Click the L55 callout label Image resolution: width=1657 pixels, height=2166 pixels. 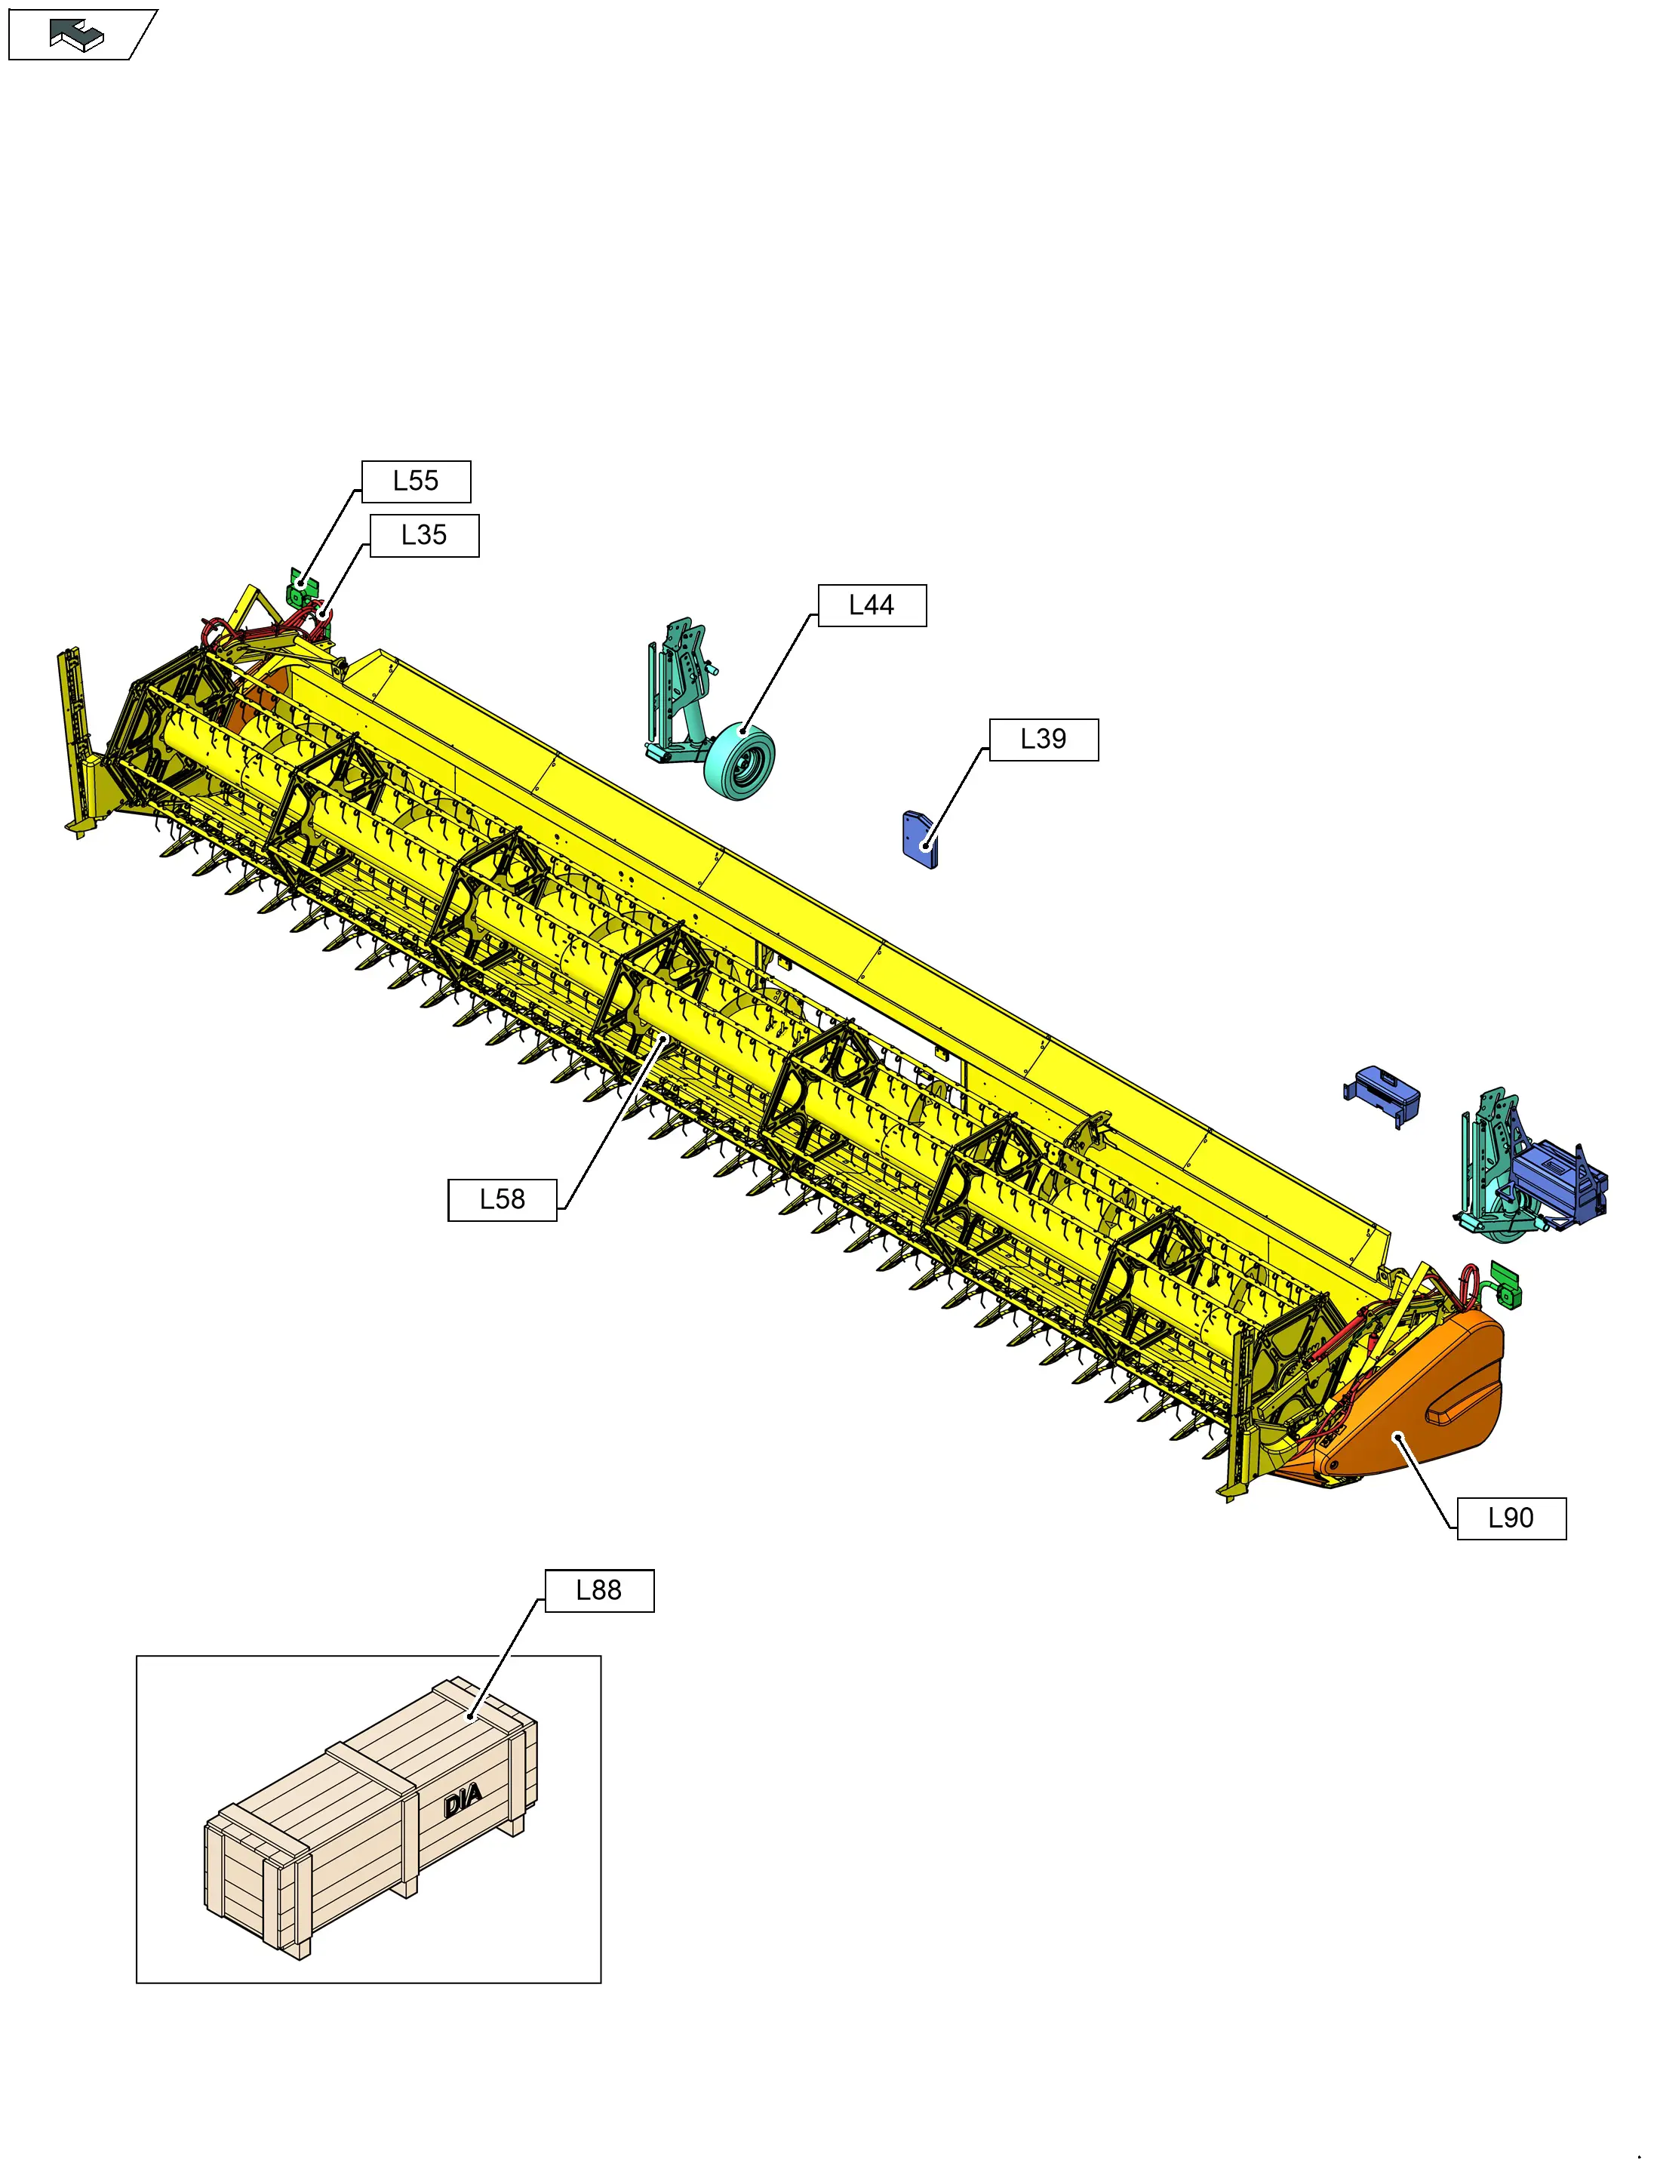coord(415,482)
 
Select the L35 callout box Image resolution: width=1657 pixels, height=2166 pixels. coord(424,536)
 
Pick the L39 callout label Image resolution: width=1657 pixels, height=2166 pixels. coord(1043,739)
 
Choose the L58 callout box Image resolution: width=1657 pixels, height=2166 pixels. coord(502,1199)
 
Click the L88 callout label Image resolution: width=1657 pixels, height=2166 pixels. coord(598,1590)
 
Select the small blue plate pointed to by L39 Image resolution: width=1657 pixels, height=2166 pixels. coord(919,838)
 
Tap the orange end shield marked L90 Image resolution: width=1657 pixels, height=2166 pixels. coord(1420,1420)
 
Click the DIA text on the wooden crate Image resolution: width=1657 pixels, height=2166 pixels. coord(463,1800)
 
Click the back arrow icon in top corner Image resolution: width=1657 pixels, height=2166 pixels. coord(77,35)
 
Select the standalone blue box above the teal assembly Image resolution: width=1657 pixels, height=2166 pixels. coord(1383,1093)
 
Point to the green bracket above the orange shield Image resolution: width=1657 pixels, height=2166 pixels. coord(1505,1285)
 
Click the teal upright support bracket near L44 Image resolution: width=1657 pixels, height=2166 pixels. coord(681,681)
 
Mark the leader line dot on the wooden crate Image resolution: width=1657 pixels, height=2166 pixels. coord(472,1717)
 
